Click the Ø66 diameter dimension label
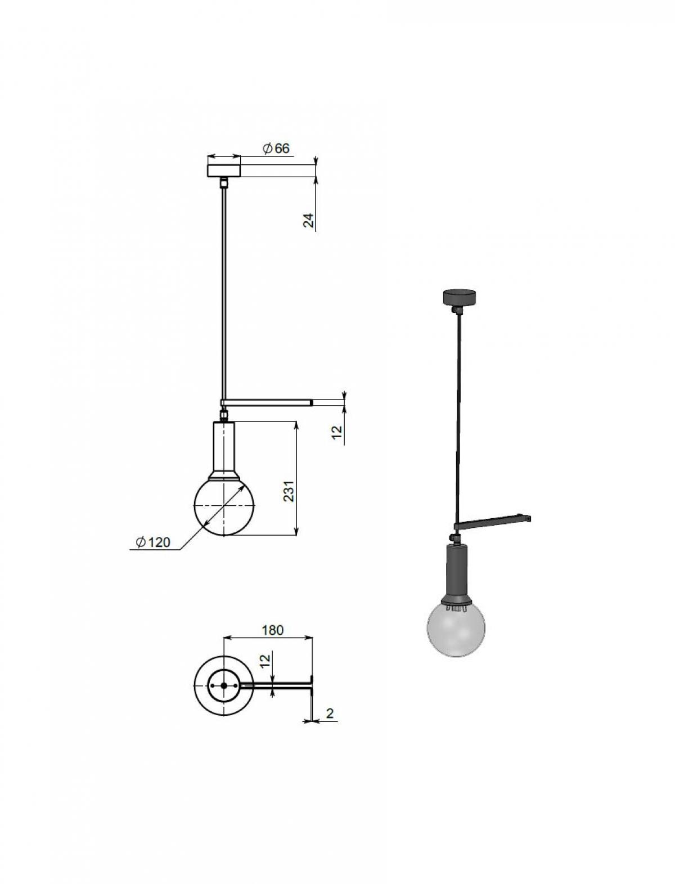(x=276, y=149)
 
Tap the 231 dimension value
(x=289, y=491)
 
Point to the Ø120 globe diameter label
(x=152, y=542)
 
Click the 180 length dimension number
(x=272, y=630)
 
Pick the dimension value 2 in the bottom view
(x=330, y=713)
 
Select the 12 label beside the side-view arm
(x=336, y=432)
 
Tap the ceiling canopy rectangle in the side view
(x=223, y=170)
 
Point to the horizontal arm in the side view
(x=267, y=402)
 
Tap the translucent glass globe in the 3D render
(x=456, y=628)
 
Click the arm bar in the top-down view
(x=276, y=686)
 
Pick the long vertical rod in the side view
(x=224, y=293)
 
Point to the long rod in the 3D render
(x=458, y=416)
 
